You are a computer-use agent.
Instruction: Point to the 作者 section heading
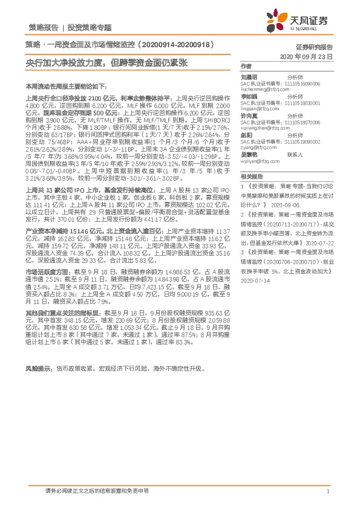pos(246,66)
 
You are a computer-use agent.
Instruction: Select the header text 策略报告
pos(44,28)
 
